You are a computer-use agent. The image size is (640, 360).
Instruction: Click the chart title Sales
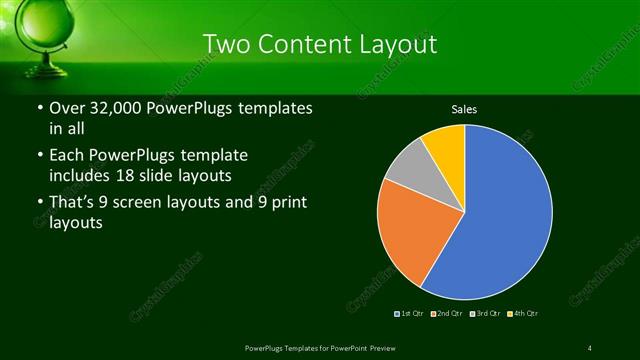point(464,108)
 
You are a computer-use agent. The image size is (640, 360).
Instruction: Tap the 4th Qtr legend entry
point(521,314)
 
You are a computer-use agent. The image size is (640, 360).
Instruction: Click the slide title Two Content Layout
point(319,44)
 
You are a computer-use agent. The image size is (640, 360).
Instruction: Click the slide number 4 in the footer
point(590,347)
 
